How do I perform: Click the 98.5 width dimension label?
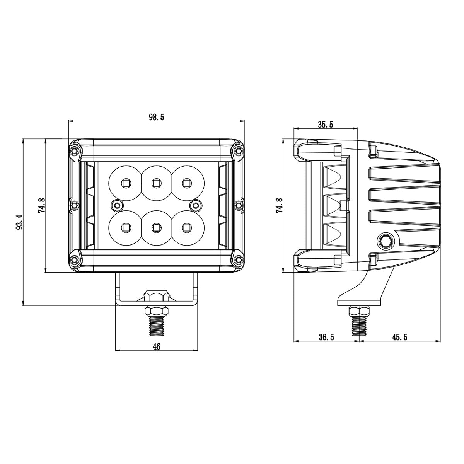pos(157,118)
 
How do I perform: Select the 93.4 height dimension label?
pos(19,222)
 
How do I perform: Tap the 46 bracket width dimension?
pos(156,347)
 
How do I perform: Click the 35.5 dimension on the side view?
pos(326,124)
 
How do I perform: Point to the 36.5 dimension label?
pos(326,337)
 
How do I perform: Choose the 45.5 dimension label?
pos(400,337)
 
